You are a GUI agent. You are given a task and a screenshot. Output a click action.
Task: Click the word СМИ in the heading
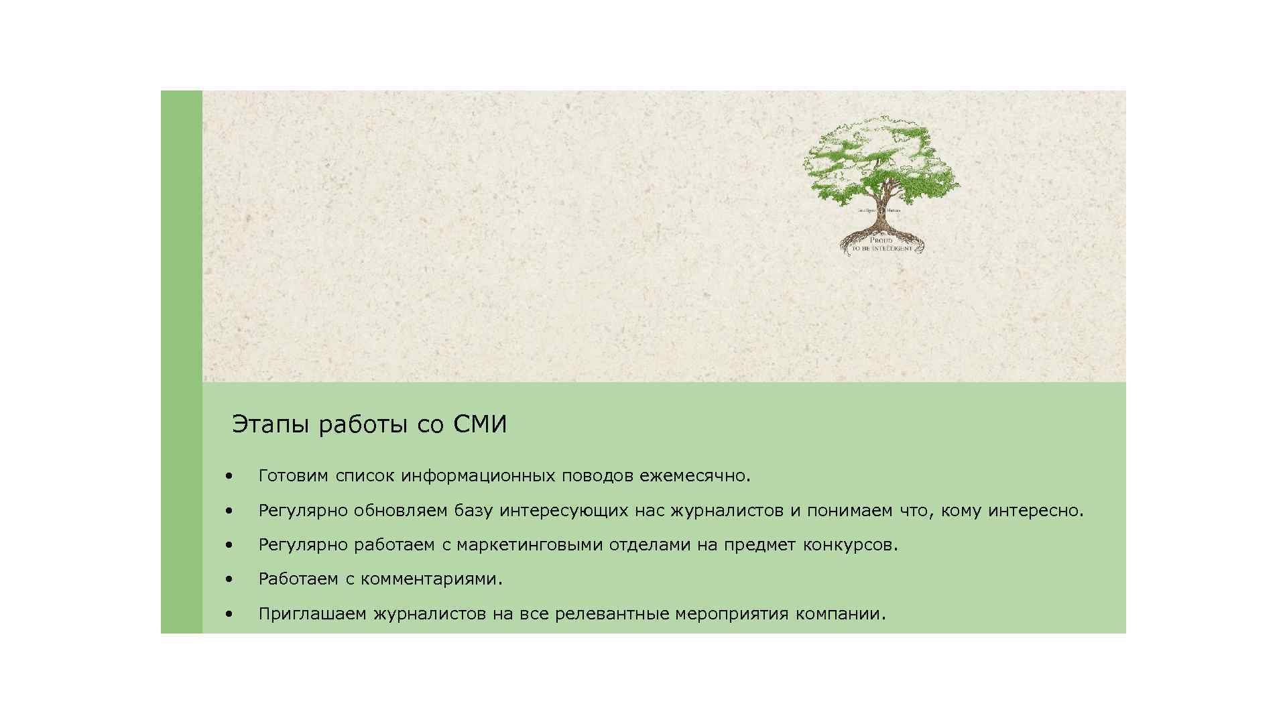[x=480, y=424]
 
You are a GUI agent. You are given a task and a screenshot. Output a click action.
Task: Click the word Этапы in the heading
[x=271, y=425]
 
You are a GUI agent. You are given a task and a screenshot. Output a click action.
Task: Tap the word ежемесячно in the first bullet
[x=694, y=476]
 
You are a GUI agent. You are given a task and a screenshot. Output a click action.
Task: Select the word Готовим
[x=293, y=476]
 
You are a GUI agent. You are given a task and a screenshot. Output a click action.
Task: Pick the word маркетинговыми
[x=530, y=545]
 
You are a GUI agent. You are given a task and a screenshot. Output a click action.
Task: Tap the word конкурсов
[x=849, y=545]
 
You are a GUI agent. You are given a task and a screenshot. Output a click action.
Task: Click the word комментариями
[x=430, y=579]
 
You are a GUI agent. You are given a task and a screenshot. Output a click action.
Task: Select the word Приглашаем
[x=312, y=614]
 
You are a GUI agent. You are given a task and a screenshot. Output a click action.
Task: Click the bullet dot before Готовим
[x=229, y=476]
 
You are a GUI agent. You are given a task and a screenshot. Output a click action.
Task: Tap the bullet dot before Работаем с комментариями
[x=229, y=579]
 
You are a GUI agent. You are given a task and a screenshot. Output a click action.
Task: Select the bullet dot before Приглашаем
[x=229, y=614]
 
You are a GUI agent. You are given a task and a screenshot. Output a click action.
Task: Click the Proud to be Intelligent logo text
[x=881, y=244]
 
